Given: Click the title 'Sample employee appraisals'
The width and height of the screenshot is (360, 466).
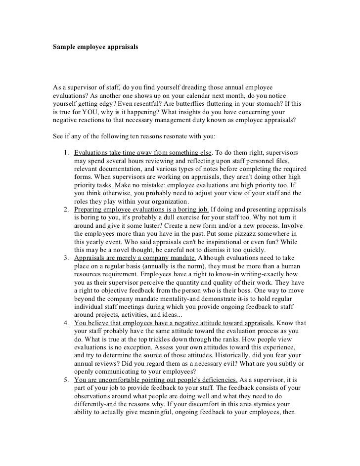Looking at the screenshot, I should coord(95,48).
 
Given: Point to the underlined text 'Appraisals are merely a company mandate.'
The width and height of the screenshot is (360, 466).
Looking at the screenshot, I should coord(135,258).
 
